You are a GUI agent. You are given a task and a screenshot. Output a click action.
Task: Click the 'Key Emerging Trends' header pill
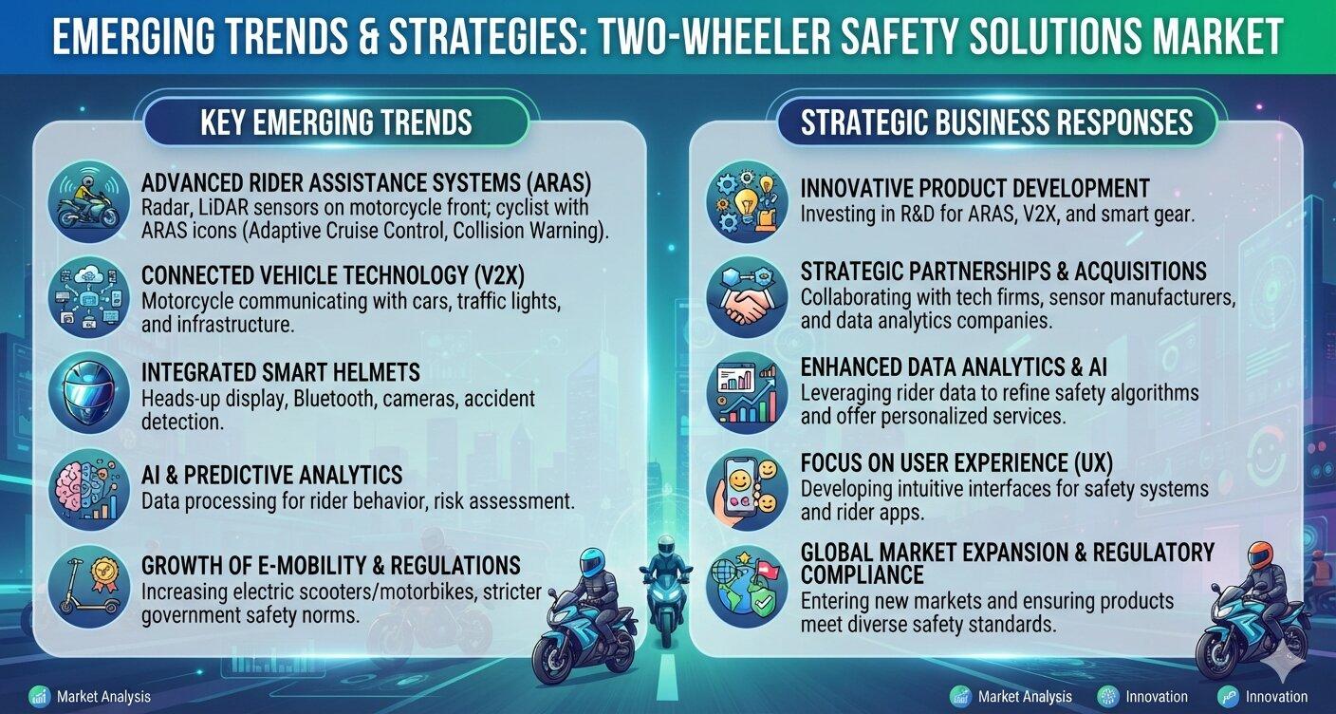[x=336, y=122]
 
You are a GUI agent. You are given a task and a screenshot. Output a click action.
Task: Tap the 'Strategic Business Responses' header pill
[x=996, y=122]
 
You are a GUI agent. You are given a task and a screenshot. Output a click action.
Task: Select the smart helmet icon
[x=89, y=392]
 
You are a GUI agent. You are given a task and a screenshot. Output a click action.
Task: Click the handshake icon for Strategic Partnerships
[x=747, y=296]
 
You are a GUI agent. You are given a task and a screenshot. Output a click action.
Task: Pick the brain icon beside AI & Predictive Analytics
[x=89, y=490]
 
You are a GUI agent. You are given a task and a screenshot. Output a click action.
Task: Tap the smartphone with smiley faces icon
[x=747, y=490]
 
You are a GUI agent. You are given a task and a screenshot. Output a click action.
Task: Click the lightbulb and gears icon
[x=747, y=201]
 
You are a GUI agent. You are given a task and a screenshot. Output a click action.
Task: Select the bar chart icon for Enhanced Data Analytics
[x=747, y=392]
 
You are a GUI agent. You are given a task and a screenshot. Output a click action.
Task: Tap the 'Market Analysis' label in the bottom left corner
[x=103, y=697]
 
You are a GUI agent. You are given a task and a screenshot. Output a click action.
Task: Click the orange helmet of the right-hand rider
[x=1265, y=554]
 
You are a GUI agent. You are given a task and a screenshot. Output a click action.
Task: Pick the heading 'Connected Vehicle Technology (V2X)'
[x=333, y=275]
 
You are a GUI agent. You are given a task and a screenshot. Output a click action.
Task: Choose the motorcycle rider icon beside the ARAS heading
[x=89, y=200]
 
